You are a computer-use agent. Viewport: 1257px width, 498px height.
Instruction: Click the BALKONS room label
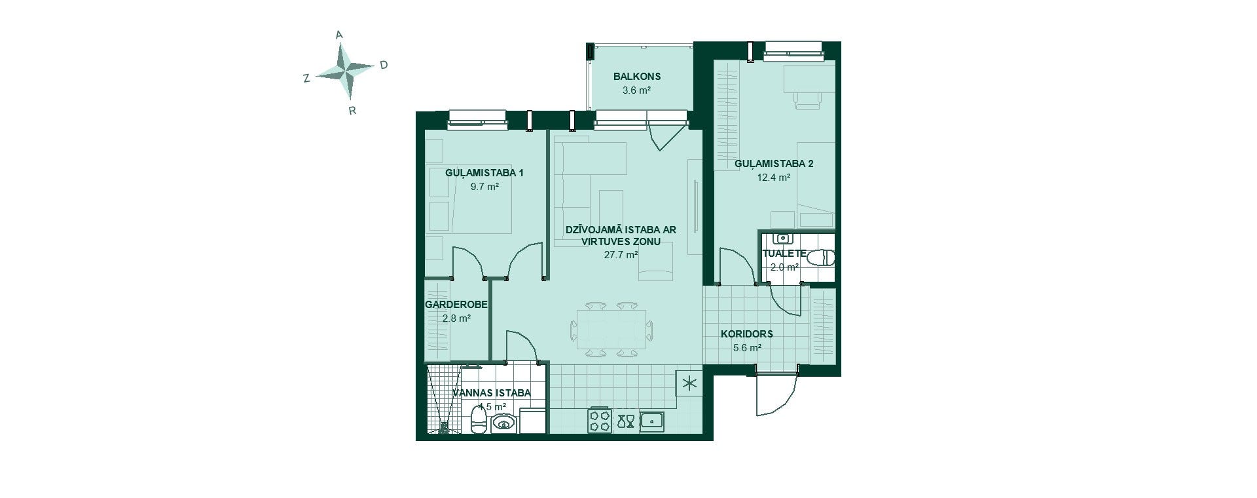[637, 76]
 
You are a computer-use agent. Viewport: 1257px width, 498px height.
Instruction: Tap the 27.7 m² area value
[621, 255]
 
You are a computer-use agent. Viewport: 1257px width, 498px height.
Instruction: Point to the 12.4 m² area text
[773, 177]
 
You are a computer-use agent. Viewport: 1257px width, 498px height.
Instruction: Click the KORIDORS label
[747, 334]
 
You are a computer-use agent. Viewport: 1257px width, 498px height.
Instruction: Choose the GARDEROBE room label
[456, 305]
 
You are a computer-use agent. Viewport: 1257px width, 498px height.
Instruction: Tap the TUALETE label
[784, 253]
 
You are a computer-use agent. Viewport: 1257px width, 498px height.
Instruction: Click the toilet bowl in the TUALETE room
[821, 258]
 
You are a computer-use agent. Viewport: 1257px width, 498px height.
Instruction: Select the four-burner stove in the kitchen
[600, 419]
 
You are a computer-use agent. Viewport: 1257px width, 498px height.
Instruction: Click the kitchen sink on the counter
[653, 420]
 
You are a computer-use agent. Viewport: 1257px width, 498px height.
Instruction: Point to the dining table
[611, 330]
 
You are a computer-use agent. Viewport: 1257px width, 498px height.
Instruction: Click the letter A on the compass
[339, 35]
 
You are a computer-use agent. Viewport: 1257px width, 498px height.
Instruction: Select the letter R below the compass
[352, 111]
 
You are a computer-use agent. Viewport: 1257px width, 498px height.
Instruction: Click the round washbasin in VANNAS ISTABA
[503, 423]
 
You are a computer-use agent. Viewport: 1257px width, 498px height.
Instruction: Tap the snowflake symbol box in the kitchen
[689, 383]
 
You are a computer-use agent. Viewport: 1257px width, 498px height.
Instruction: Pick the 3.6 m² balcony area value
[636, 90]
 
